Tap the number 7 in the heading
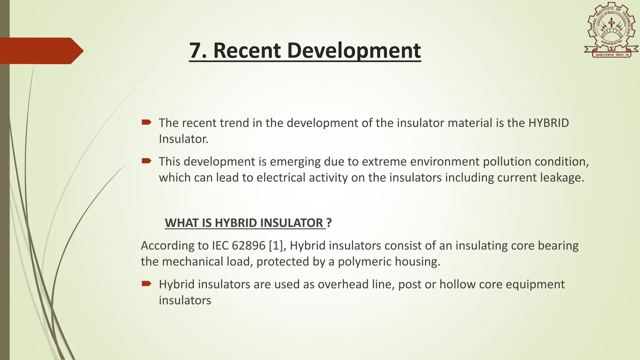point(195,51)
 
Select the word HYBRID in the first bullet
point(548,123)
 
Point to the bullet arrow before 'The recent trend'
point(146,122)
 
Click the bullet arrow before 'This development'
point(146,161)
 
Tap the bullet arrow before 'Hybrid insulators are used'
point(146,284)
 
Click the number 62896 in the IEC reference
point(248,246)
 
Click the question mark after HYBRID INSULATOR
point(329,223)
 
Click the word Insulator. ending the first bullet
point(183,139)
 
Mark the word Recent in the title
point(247,51)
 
